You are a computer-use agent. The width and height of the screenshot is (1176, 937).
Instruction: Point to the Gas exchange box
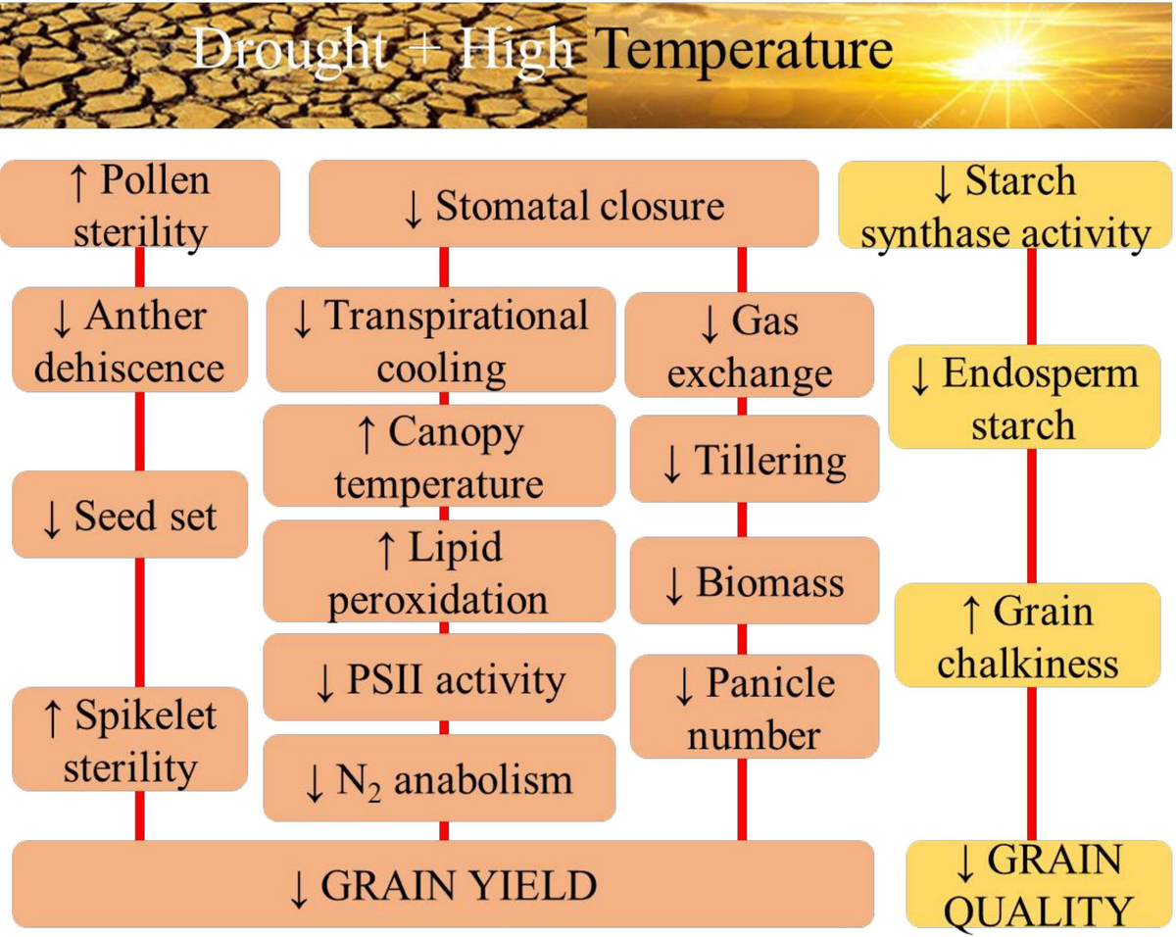pyautogui.click(x=750, y=345)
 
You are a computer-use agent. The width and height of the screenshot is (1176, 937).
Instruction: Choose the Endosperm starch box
pyautogui.click(x=1023, y=397)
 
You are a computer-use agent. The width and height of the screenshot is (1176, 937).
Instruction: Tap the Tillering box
pyautogui.click(x=755, y=459)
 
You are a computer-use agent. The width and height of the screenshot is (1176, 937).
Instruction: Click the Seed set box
pyautogui.click(x=130, y=515)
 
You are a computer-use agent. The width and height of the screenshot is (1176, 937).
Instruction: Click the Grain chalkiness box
pyautogui.click(x=1027, y=635)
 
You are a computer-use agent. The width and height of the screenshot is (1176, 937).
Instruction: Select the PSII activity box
pyautogui.click(x=440, y=678)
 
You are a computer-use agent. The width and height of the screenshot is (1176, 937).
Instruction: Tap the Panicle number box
pyautogui.click(x=755, y=706)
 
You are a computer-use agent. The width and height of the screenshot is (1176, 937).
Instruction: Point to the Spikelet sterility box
pyautogui.click(x=130, y=740)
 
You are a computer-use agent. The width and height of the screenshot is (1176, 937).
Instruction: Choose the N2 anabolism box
pyautogui.click(x=440, y=778)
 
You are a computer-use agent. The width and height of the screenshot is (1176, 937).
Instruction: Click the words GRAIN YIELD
pyautogui.click(x=443, y=885)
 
